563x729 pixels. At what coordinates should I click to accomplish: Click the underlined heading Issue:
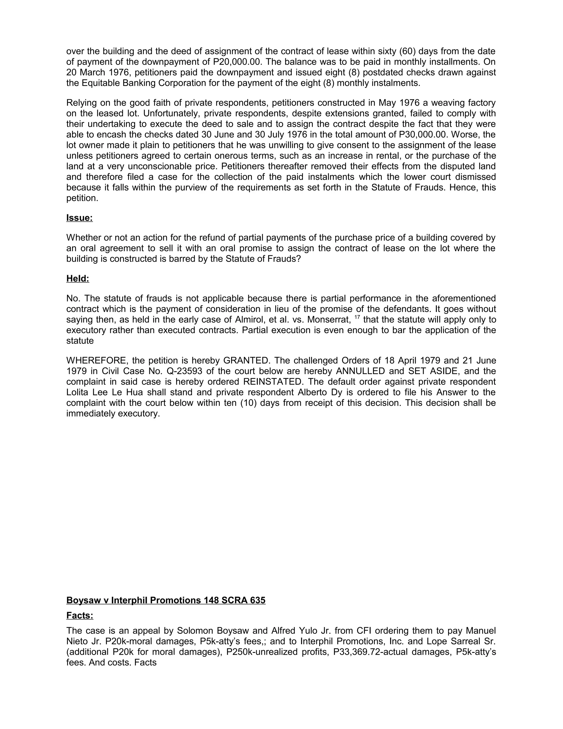(79, 218)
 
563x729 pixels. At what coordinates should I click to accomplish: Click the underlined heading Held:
(78, 279)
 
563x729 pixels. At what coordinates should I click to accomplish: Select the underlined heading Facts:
(80, 615)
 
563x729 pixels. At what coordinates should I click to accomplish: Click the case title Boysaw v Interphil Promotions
(166, 600)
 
